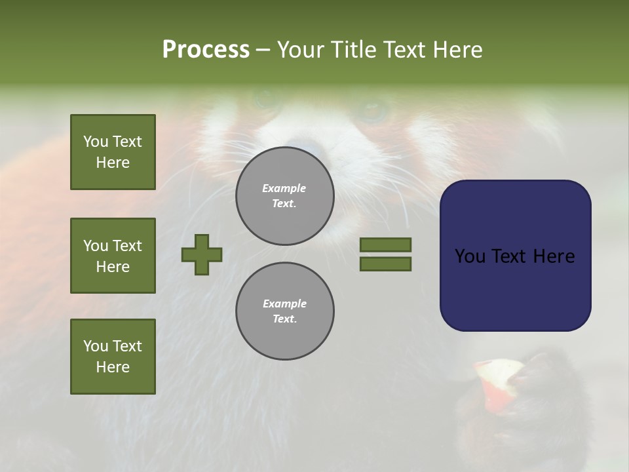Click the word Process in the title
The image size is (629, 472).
click(x=206, y=50)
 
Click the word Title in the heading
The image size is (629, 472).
click(x=353, y=50)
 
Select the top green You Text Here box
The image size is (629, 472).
click(x=113, y=152)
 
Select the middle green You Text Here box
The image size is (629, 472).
click(x=113, y=256)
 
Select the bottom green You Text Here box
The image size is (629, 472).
click(x=113, y=357)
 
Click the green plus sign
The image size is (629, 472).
click(x=202, y=254)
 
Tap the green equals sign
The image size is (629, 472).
click(x=385, y=254)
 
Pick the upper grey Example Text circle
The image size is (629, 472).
click(x=284, y=196)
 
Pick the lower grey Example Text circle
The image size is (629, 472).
click(x=284, y=311)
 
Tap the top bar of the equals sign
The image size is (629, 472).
click(x=385, y=245)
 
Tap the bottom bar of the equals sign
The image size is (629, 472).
click(x=385, y=264)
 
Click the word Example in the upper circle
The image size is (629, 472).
click(x=284, y=188)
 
